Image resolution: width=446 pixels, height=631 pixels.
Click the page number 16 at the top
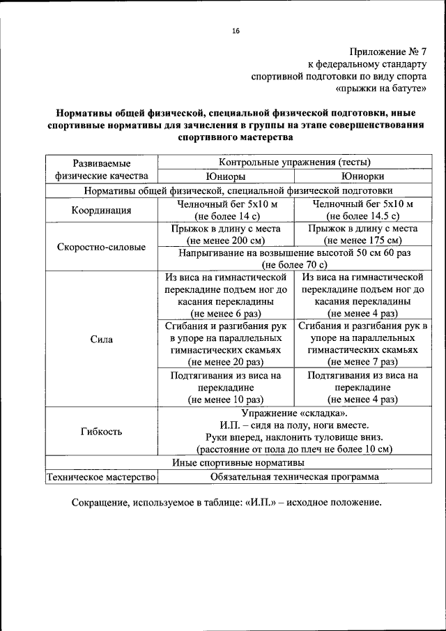(236, 31)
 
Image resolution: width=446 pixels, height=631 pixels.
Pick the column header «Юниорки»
(362, 176)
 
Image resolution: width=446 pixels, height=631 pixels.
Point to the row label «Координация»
(101, 211)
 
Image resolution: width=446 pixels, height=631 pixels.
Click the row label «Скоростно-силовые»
(101, 247)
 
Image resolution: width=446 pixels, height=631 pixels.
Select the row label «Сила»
(101, 339)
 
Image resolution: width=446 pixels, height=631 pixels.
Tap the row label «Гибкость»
(101, 431)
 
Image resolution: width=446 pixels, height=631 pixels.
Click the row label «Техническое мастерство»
(101, 478)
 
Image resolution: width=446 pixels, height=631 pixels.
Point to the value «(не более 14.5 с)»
(362, 217)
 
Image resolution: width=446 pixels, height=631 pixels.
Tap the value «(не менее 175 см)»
(362, 241)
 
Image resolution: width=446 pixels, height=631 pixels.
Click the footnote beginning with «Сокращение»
(226, 502)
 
